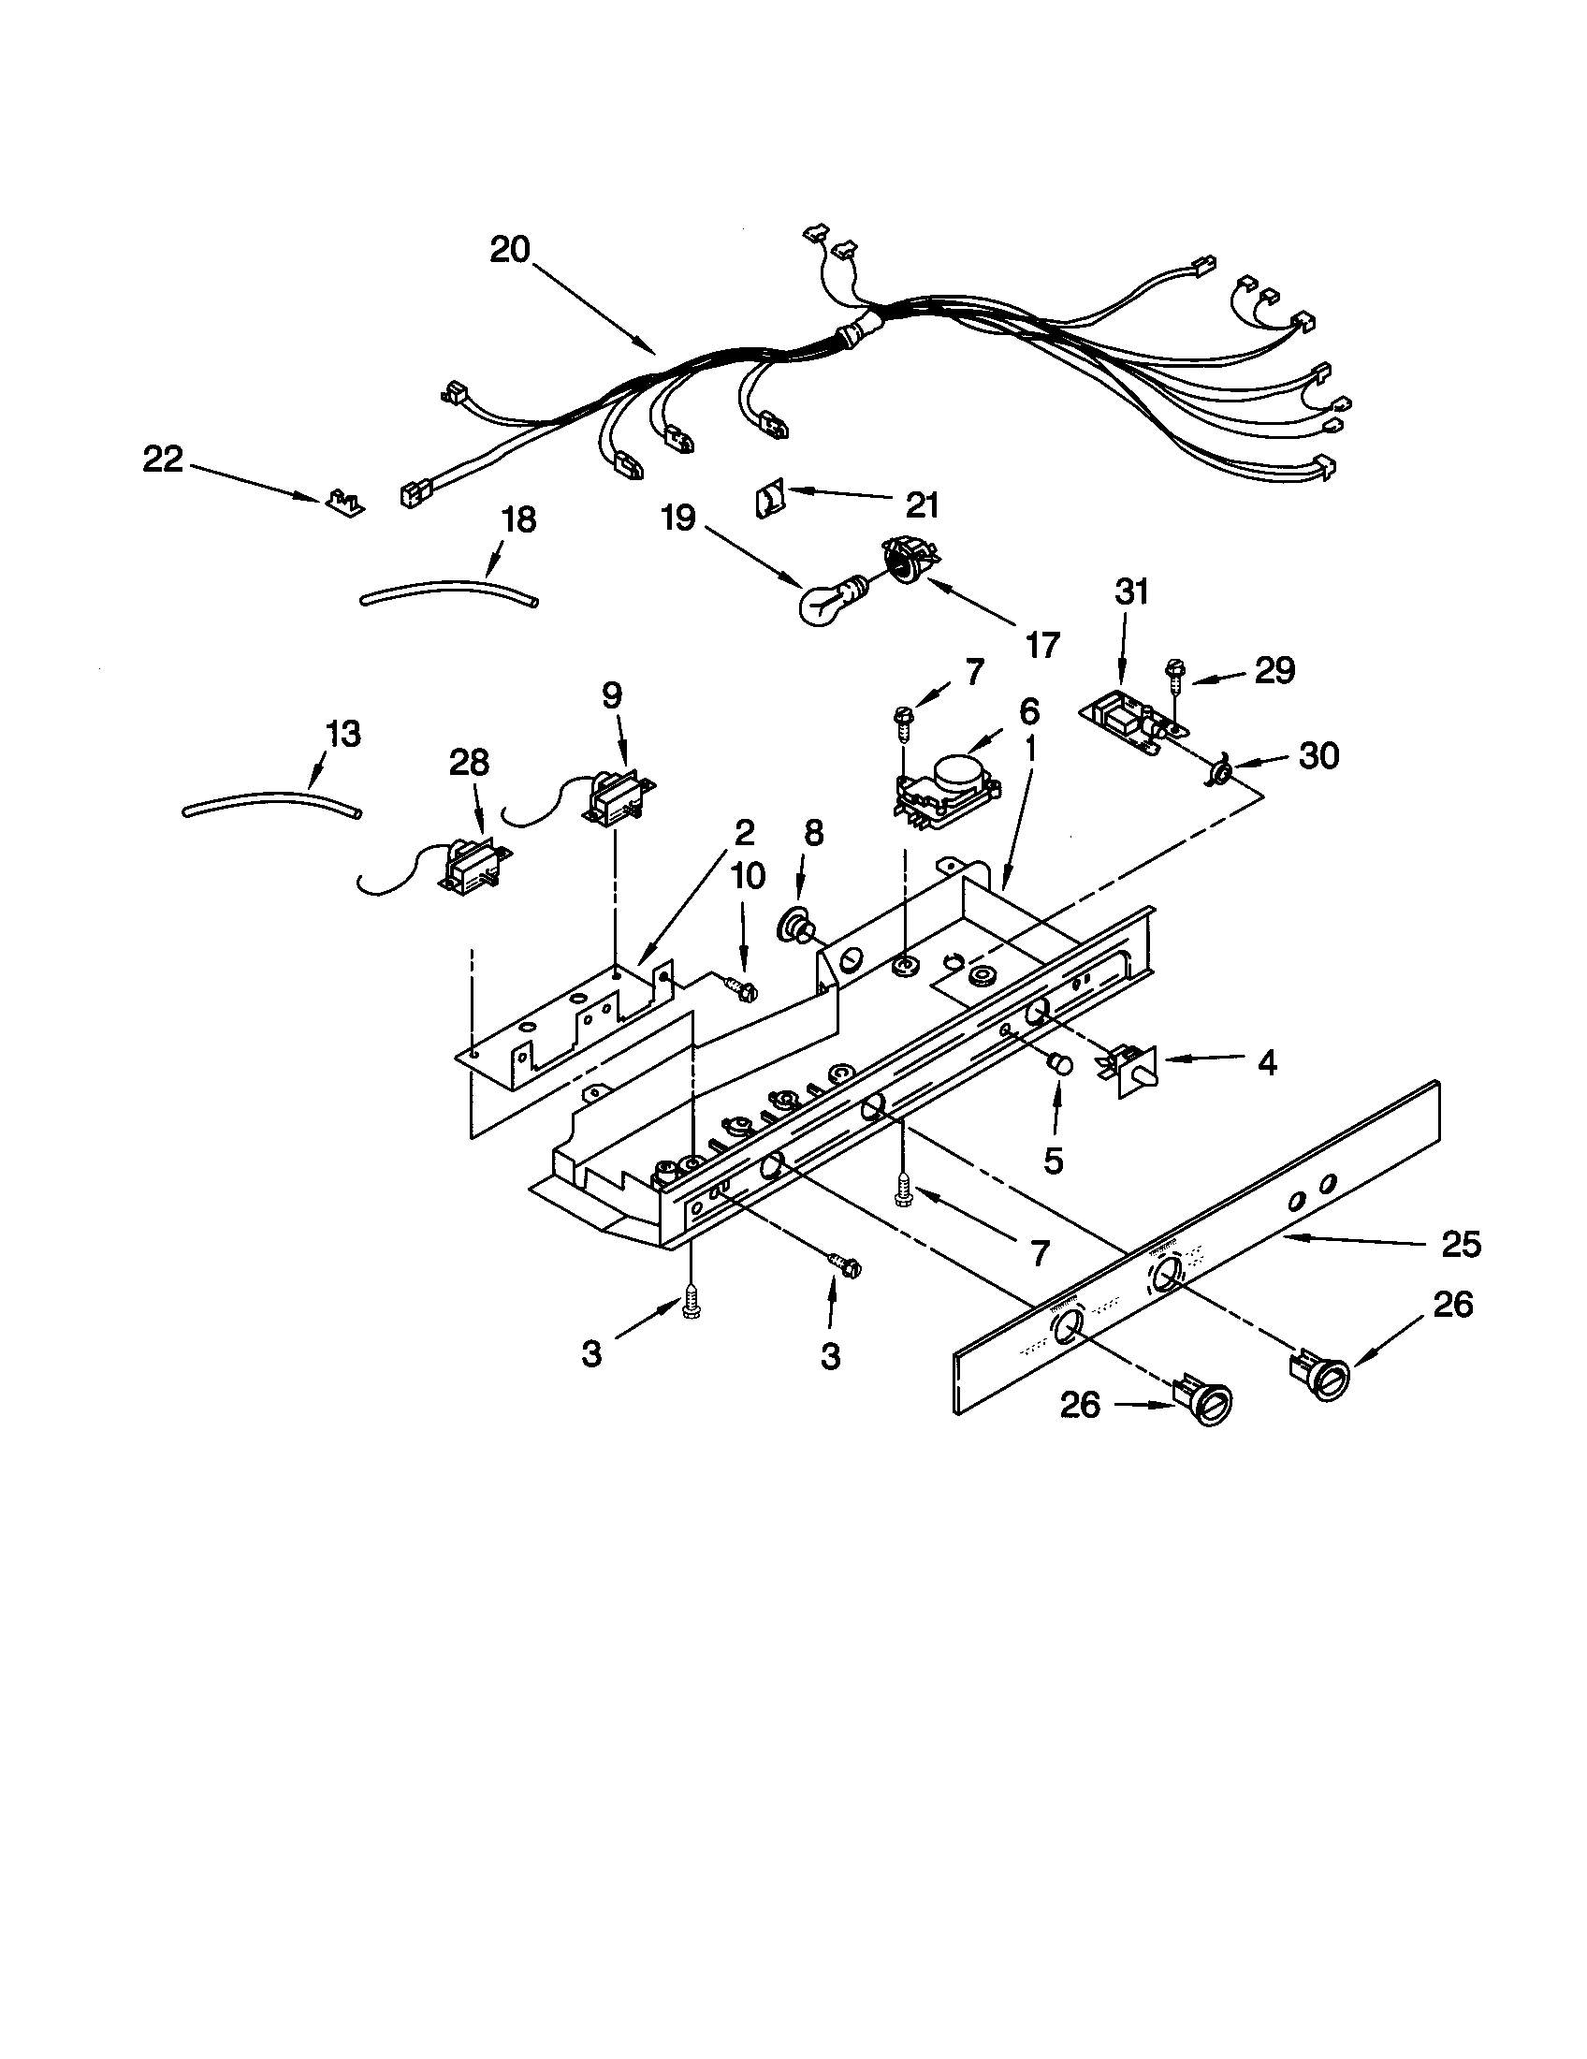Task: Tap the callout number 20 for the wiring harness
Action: tap(510, 250)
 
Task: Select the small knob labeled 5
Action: tap(1060, 1064)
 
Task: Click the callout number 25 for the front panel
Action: tap(1461, 1245)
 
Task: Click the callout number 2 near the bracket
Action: tap(744, 831)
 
